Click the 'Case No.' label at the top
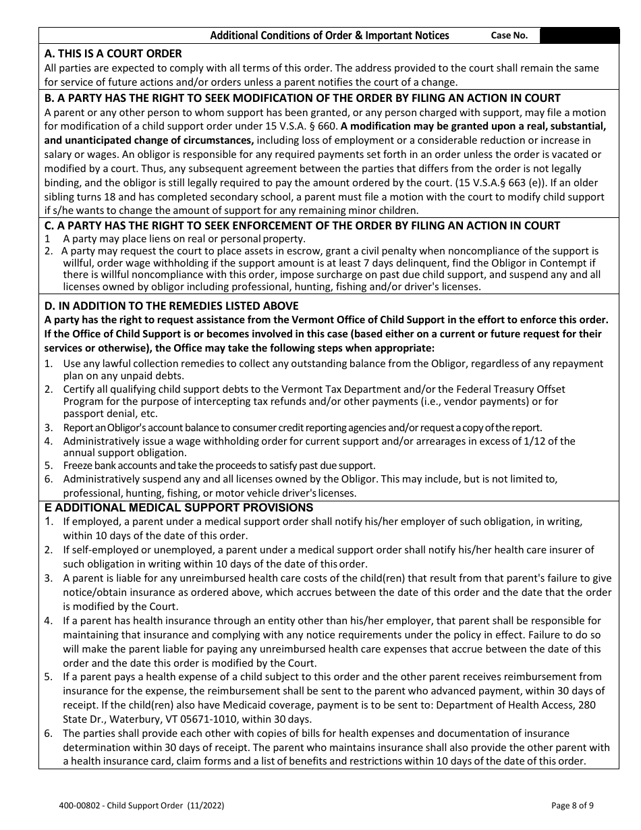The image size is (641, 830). tap(509, 36)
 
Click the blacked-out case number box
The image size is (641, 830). tap(580, 36)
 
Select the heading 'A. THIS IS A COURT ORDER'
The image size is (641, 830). tap(113, 53)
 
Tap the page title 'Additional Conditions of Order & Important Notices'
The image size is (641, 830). tap(329, 36)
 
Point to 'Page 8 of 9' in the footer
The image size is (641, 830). tap(573, 805)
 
